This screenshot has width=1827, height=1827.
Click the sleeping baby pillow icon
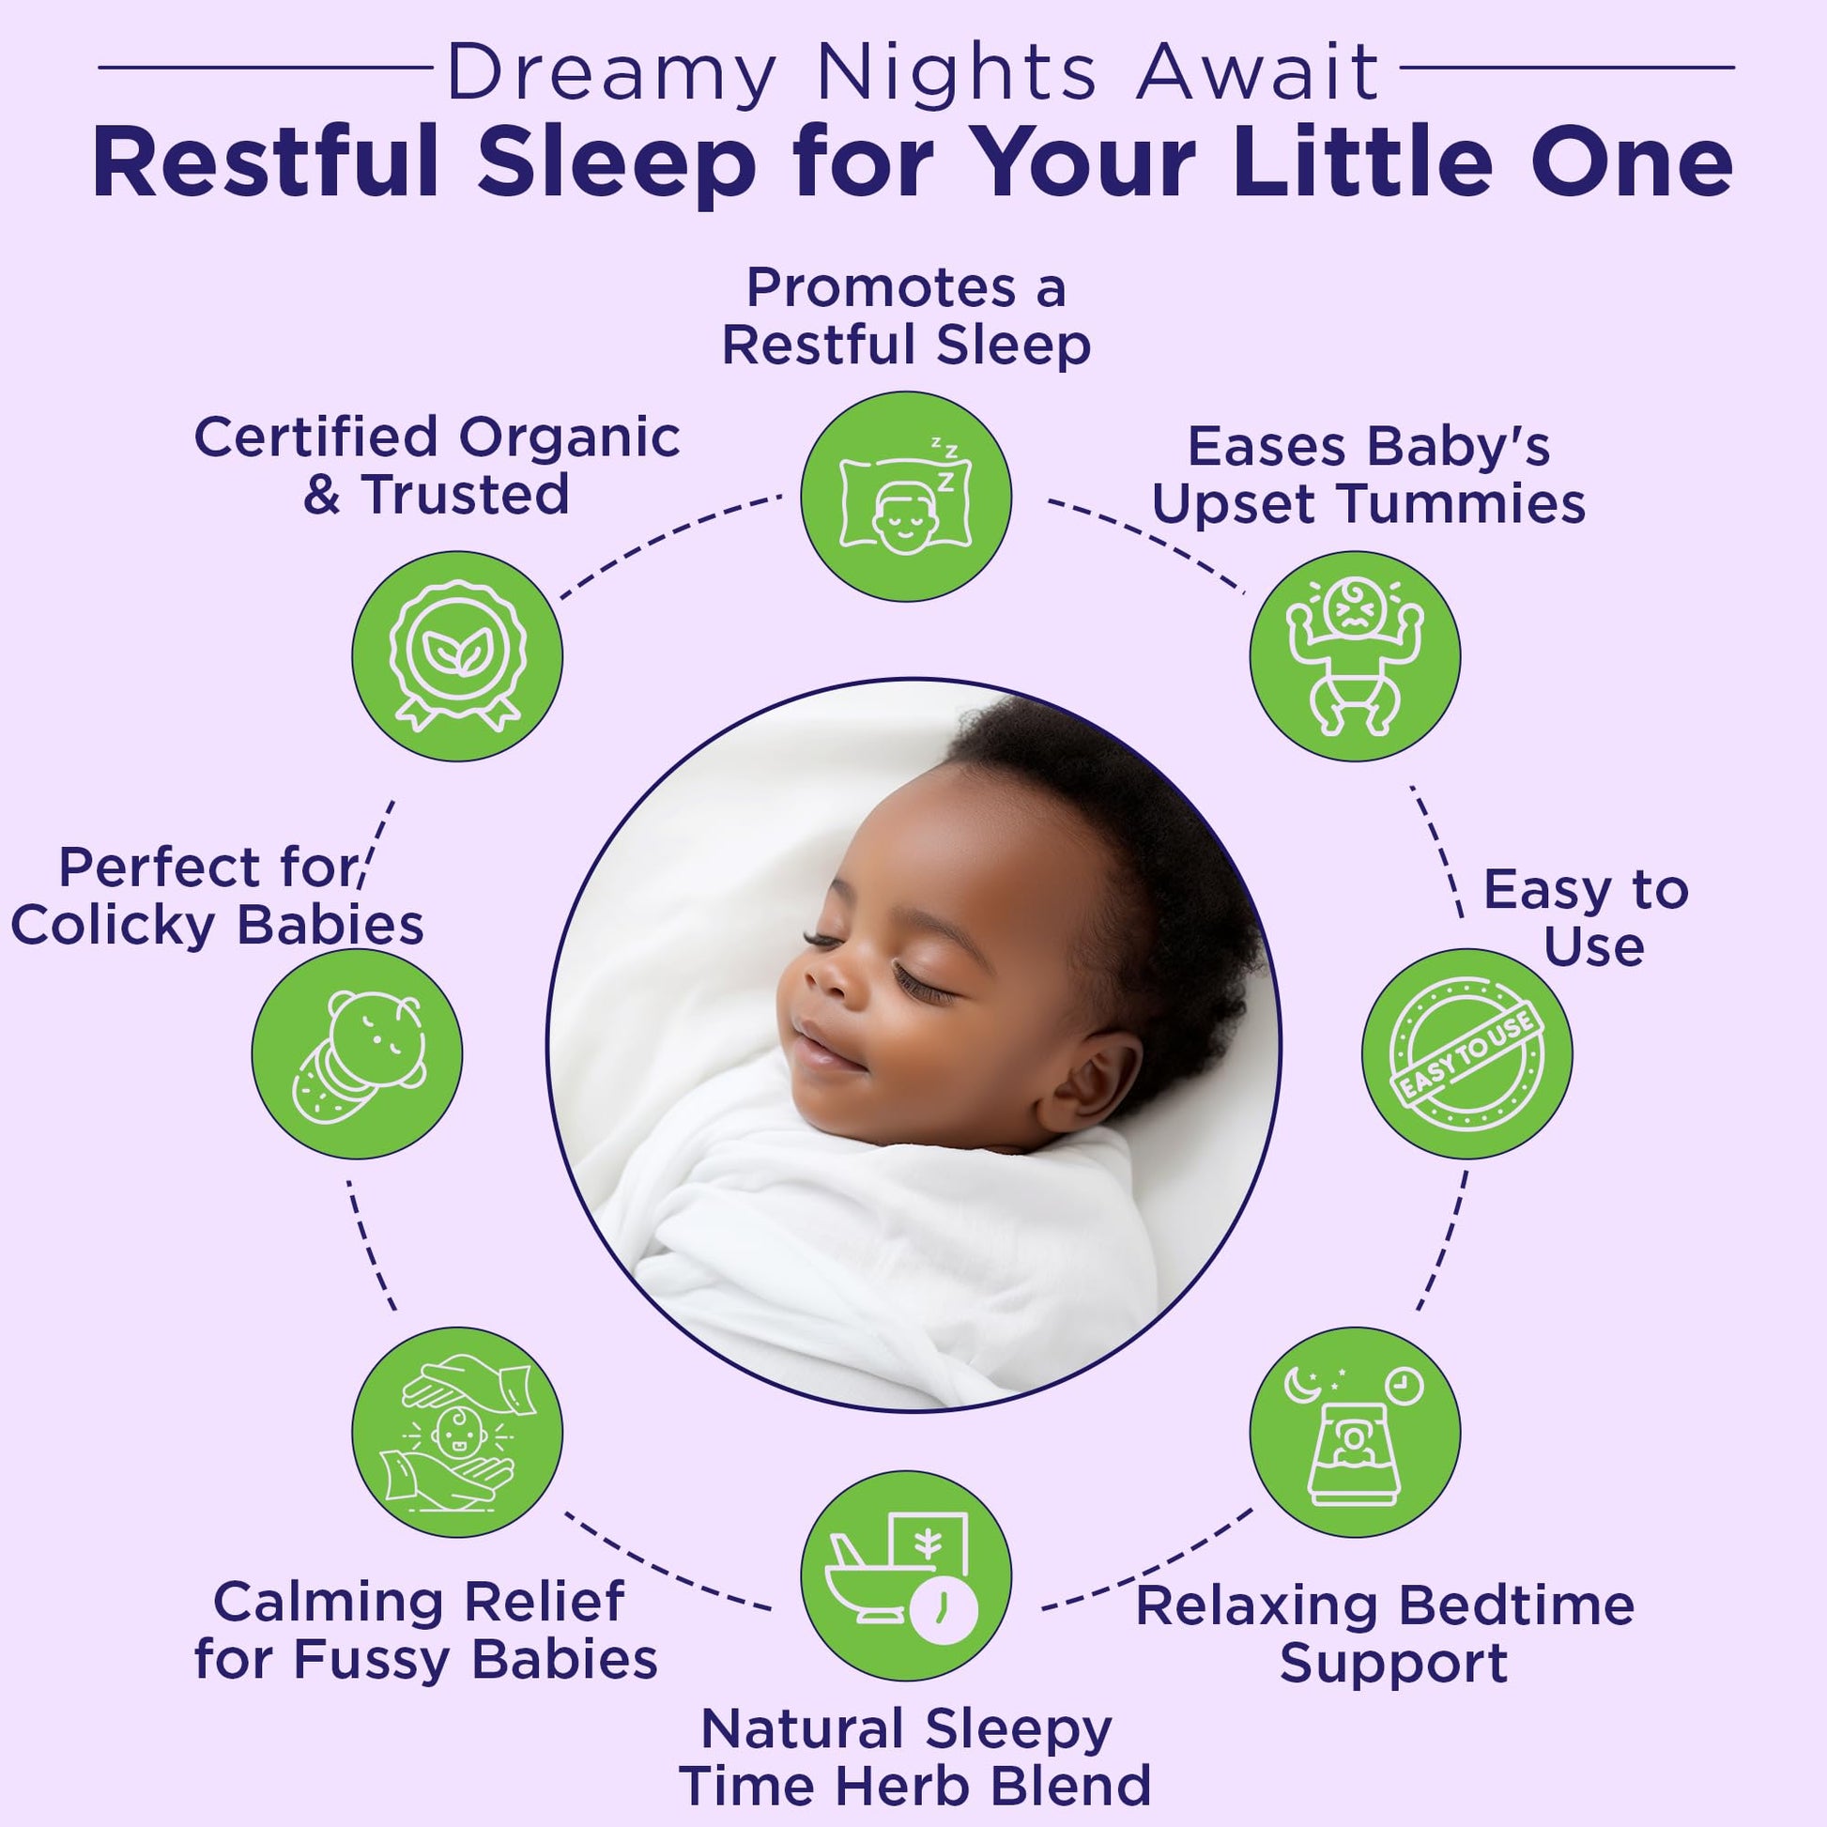(905, 497)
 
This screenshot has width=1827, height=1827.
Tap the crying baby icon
(1354, 655)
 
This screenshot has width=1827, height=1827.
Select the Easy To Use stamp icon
(1466, 1053)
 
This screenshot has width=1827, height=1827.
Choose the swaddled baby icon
(358, 1057)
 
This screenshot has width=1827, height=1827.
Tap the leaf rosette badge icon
(458, 655)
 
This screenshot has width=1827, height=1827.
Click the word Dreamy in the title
(612, 75)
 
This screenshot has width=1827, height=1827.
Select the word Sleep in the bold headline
(617, 164)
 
